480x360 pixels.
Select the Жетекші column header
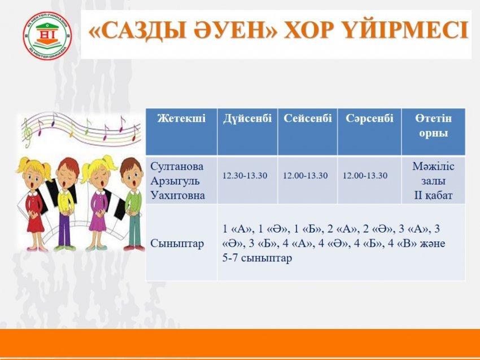(x=181, y=118)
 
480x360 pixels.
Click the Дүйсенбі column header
(x=247, y=118)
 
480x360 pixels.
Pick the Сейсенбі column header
(x=308, y=118)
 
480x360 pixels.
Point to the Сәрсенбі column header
(x=369, y=118)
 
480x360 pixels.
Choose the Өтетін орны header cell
(x=433, y=126)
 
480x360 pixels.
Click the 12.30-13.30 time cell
(x=245, y=175)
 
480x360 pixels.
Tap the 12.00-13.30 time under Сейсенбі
(x=305, y=175)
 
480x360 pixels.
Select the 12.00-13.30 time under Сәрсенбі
(x=365, y=175)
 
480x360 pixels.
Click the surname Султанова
(x=177, y=166)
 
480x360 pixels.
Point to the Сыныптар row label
(x=177, y=244)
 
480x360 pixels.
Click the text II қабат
(x=433, y=195)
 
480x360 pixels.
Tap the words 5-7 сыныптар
(x=257, y=258)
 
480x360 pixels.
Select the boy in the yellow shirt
(x=66, y=203)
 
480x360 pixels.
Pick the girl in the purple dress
(x=99, y=203)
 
